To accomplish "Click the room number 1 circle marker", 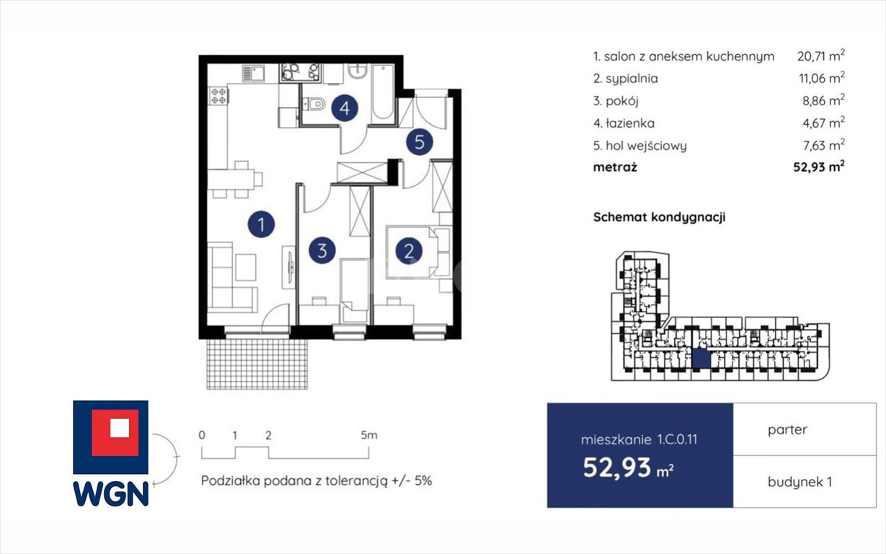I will [261, 224].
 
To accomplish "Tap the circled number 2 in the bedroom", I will [409, 252].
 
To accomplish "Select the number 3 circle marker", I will [322, 250].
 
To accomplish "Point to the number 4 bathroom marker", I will [345, 109].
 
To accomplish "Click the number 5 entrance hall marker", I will [420, 142].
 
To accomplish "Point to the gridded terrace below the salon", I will [257, 364].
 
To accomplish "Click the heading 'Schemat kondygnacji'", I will [658, 216].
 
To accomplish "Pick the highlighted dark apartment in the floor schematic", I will [700, 359].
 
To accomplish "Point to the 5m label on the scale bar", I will [368, 435].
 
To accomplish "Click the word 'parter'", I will [787, 429].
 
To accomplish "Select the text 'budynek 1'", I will [799, 481].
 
